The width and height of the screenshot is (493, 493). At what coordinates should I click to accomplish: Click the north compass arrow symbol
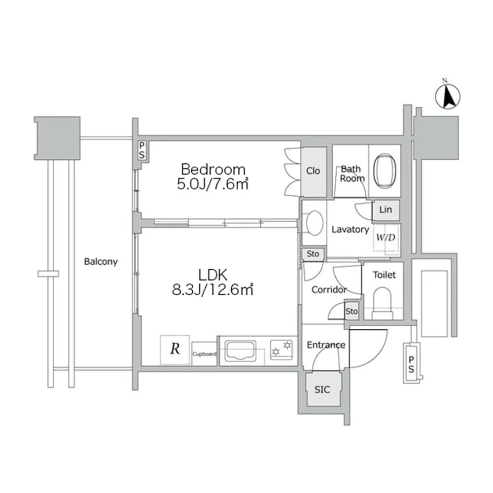coord(448,97)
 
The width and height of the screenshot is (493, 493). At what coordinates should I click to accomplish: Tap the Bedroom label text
coord(213,170)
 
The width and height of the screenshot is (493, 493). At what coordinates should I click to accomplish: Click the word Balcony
coord(101,262)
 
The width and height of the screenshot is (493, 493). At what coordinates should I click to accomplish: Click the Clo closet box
coord(314,171)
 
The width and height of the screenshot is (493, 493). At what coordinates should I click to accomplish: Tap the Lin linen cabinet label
coord(386,210)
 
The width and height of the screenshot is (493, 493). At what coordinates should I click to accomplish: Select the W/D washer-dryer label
coord(386,237)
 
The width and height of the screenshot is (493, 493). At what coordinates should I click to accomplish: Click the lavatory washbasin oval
coord(314,223)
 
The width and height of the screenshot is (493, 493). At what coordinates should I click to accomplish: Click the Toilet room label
coord(384,275)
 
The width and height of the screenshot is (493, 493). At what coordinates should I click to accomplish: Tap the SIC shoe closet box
coord(323,389)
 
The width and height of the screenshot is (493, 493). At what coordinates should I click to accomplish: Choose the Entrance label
coord(326,345)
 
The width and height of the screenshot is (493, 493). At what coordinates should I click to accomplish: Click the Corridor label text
coord(329,290)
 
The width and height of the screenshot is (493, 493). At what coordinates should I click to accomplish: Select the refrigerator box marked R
coord(175,350)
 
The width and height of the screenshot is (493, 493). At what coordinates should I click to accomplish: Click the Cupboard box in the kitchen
coord(205,354)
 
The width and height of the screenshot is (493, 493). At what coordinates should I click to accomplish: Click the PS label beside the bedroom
coord(142,150)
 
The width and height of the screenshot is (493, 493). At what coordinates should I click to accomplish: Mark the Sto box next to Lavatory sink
coord(313,254)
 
